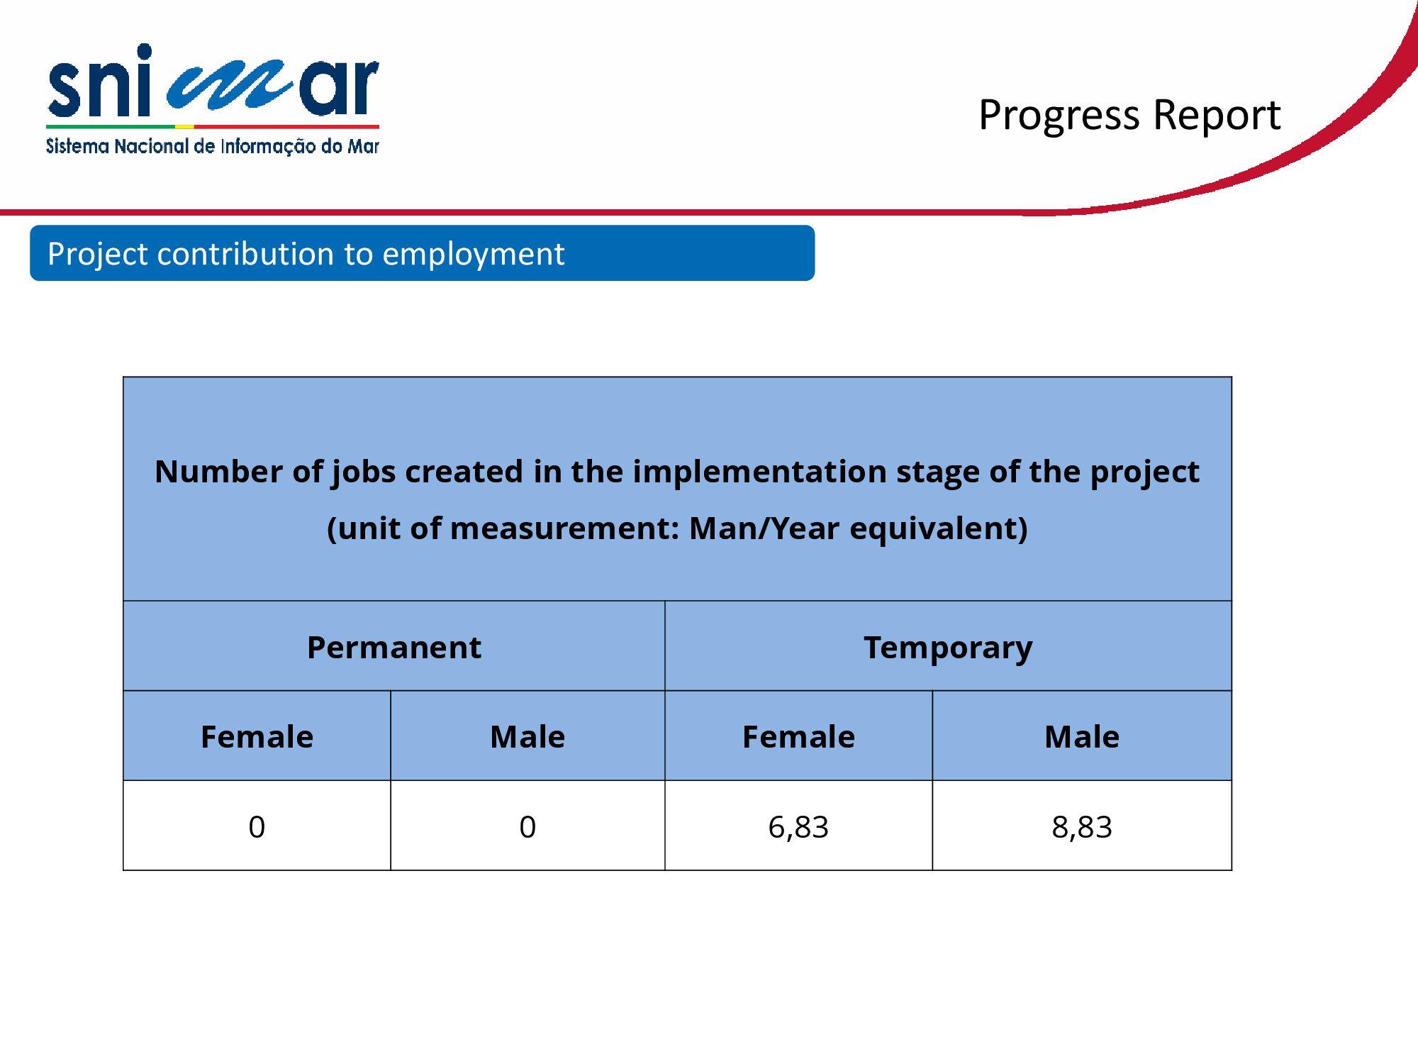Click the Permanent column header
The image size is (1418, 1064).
coord(394,648)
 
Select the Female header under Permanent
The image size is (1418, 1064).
coord(257,737)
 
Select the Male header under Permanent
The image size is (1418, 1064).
coord(527,737)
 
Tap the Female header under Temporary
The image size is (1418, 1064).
coord(798,737)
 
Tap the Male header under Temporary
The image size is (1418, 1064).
coord(1082,737)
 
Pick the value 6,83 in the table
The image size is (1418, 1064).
coord(798,827)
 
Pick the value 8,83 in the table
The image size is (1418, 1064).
coord(1082,827)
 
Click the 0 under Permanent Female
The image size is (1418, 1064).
coord(257,827)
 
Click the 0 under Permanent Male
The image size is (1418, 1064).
coord(527,827)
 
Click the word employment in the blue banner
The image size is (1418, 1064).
coord(474,255)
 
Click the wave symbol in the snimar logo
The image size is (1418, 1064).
coord(228,86)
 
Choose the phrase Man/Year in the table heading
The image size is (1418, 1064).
coord(764,528)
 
